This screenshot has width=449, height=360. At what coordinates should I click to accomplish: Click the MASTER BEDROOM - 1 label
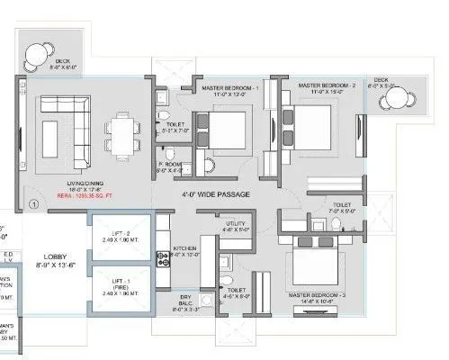[229, 88]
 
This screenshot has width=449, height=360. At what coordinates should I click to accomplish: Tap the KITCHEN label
[185, 247]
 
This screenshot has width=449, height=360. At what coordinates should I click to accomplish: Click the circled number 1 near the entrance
[32, 205]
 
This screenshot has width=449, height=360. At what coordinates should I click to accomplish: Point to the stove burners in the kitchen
[164, 259]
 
